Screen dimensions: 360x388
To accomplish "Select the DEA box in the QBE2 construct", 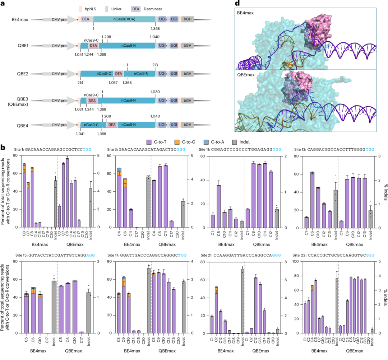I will pos(118,74).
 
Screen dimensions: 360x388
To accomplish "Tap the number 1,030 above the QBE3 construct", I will pos(155,91).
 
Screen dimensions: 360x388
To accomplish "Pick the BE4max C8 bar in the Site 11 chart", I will pos(218,206).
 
